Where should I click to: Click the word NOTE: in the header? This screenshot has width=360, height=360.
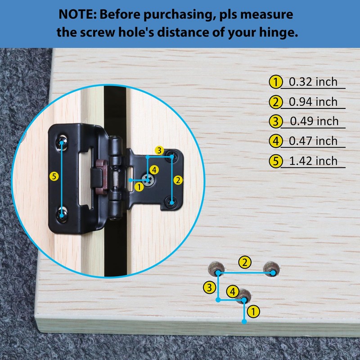click(77, 14)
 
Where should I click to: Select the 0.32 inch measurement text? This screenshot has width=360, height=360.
click(313, 82)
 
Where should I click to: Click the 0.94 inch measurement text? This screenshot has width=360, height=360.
click(313, 102)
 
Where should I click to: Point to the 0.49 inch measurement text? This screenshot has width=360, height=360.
click(314, 121)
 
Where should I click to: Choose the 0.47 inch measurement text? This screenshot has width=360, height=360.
click(313, 141)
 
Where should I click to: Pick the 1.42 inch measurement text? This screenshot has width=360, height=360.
click(313, 161)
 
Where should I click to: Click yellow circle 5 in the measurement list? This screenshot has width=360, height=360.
click(275, 161)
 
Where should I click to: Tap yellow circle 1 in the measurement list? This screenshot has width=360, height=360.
click(275, 82)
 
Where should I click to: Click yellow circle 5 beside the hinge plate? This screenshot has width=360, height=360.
click(54, 176)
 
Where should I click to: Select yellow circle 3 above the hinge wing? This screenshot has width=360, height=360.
click(159, 151)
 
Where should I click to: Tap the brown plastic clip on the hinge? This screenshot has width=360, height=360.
click(102, 176)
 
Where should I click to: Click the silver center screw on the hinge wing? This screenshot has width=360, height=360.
click(148, 180)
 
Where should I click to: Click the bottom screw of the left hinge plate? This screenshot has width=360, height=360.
click(62, 215)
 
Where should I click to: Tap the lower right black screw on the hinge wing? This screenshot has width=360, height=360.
click(171, 202)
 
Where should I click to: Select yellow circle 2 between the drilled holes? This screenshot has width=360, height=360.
click(245, 262)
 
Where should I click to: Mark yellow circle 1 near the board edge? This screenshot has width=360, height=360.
click(253, 311)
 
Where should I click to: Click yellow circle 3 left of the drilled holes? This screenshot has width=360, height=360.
click(209, 288)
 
